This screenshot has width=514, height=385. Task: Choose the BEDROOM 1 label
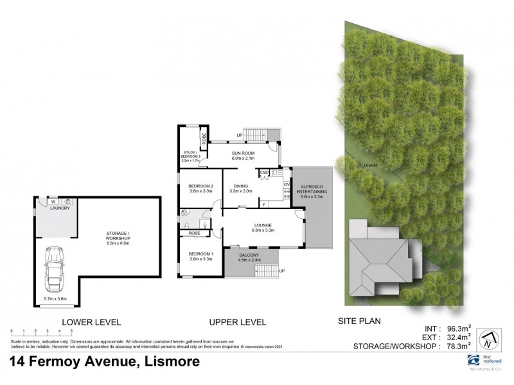pos(201,255)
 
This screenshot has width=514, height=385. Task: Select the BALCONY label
pos(251,255)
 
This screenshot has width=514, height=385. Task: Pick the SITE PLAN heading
pos(357,321)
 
